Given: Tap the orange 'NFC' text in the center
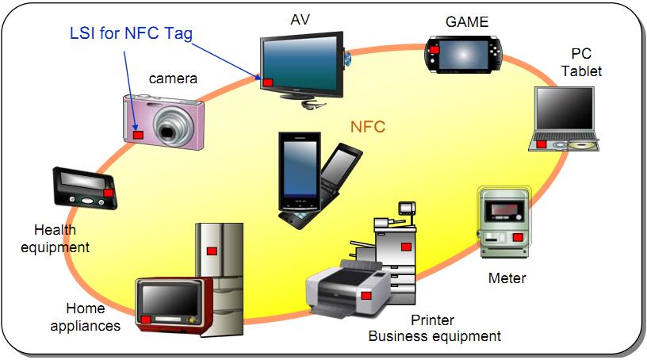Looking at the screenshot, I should pyautogui.click(x=368, y=125).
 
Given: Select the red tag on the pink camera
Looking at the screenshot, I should pyautogui.click(x=138, y=135).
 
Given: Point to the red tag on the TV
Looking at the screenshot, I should pyautogui.click(x=268, y=82).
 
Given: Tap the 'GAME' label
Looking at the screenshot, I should pyautogui.click(x=467, y=22).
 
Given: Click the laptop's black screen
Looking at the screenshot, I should pyautogui.click(x=565, y=113).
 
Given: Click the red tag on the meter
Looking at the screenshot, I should pyautogui.click(x=518, y=236).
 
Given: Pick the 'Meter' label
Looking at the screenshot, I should pyautogui.click(x=507, y=278).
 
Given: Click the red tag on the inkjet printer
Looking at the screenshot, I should pyautogui.click(x=366, y=295).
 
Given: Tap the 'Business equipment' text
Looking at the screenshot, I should pyautogui.click(x=435, y=336).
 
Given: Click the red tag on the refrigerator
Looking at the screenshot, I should pyautogui.click(x=212, y=251).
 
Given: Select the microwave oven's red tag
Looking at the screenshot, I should pyautogui.click(x=146, y=319).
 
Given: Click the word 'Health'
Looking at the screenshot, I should pyautogui.click(x=55, y=230).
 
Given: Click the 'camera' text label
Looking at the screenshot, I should pyautogui.click(x=173, y=78).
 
